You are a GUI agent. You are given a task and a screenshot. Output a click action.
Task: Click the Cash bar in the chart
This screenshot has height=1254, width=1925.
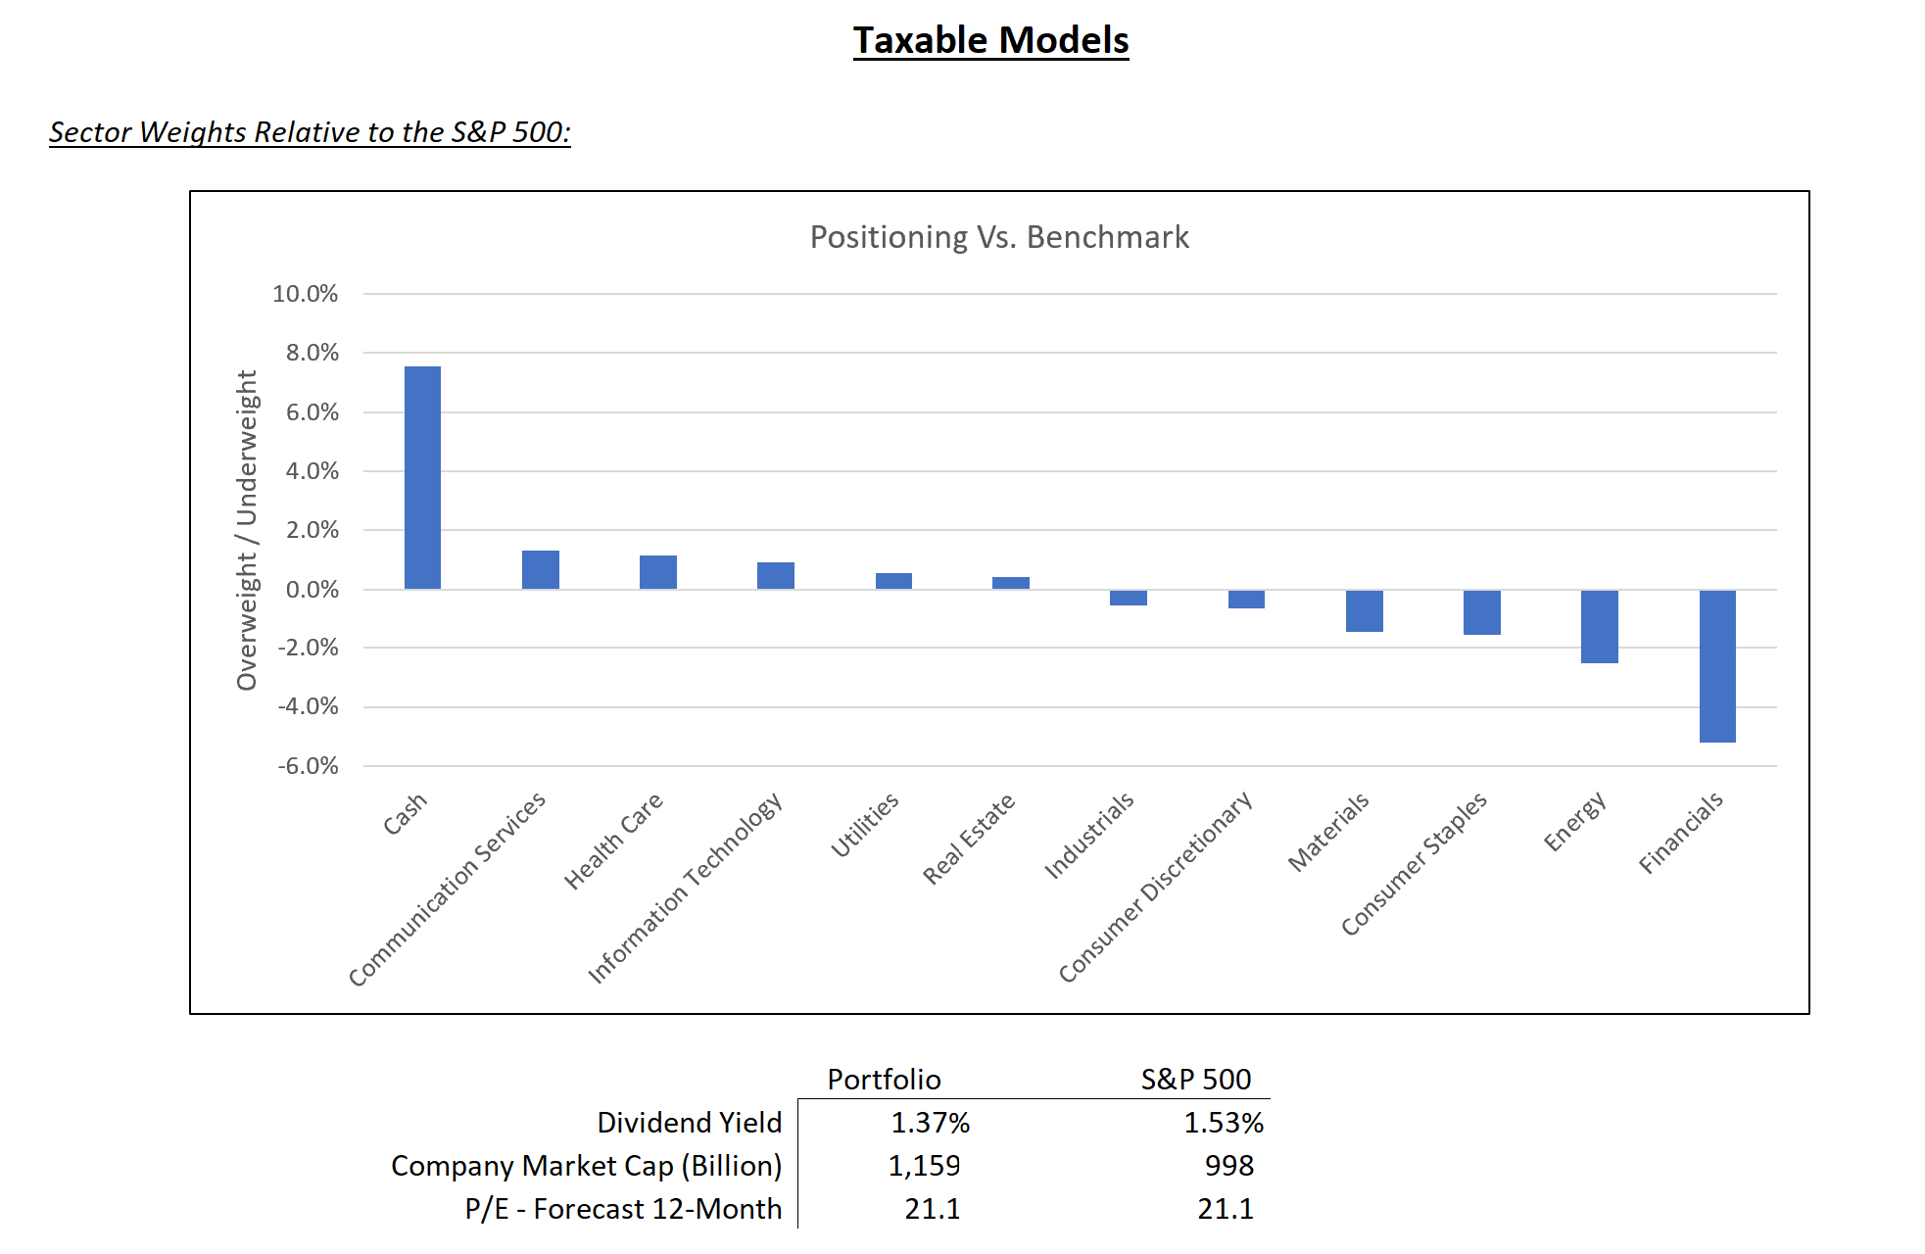click(x=422, y=477)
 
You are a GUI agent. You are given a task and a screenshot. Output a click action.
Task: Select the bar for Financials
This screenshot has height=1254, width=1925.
click(x=1717, y=666)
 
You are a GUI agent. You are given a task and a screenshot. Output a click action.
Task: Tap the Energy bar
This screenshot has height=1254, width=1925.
click(x=1599, y=627)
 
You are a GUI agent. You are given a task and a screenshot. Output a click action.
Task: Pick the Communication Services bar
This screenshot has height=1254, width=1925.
click(x=540, y=570)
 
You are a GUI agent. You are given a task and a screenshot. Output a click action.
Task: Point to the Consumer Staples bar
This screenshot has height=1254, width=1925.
click(x=1481, y=612)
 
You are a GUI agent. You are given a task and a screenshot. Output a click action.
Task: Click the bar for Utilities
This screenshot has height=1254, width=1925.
click(x=893, y=581)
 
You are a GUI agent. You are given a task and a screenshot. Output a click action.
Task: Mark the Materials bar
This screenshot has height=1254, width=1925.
click(x=1364, y=611)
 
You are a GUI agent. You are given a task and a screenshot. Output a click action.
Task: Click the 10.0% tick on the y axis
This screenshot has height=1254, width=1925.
click(x=305, y=294)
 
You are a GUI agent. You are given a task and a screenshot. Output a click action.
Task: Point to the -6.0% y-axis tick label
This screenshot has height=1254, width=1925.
click(x=308, y=766)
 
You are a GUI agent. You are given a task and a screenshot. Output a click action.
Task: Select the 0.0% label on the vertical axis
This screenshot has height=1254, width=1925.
click(x=312, y=590)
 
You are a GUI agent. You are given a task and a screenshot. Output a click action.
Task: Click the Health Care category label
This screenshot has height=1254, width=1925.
click(x=614, y=841)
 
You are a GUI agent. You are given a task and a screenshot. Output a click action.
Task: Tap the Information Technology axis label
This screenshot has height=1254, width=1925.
click(x=685, y=888)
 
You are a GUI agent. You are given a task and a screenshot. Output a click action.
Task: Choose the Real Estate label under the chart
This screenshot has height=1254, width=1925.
click(x=969, y=839)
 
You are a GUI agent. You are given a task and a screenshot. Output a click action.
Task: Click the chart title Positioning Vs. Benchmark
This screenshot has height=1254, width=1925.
click(x=999, y=237)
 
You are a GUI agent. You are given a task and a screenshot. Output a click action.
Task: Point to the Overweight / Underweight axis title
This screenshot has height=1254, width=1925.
click(x=247, y=530)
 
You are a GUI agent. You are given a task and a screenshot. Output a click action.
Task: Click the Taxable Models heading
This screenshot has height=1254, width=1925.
click(x=990, y=40)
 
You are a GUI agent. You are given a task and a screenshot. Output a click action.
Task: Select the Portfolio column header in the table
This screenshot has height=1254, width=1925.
click(x=884, y=1079)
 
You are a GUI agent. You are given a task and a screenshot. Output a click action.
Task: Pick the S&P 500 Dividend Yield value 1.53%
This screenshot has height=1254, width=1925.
click(x=1224, y=1123)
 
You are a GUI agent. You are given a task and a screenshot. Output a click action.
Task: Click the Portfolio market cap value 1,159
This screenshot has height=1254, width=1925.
click(x=924, y=1166)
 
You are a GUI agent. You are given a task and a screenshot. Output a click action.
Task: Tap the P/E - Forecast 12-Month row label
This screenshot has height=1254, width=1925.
click(x=623, y=1209)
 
